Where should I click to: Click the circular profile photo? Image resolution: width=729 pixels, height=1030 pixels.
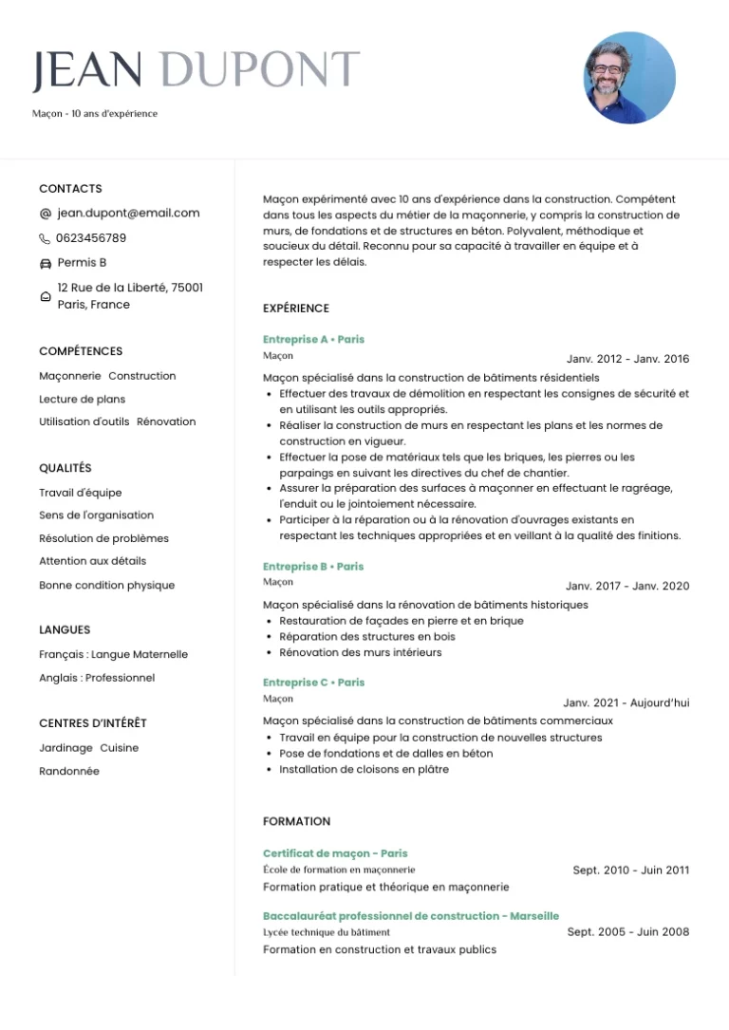click(x=628, y=78)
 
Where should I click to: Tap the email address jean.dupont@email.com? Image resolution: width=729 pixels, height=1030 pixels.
click(x=128, y=214)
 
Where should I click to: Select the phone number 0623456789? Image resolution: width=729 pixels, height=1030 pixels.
click(x=91, y=238)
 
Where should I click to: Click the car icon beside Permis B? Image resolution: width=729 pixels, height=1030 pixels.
click(x=46, y=263)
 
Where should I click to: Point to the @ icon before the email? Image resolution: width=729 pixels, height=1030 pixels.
click(x=46, y=214)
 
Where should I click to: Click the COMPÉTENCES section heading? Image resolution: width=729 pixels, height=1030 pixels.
click(x=81, y=351)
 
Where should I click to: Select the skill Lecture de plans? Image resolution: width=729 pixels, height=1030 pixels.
click(x=82, y=400)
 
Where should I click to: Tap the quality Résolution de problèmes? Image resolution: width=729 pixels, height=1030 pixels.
click(x=103, y=538)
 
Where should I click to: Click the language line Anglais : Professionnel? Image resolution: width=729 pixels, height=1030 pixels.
click(x=97, y=678)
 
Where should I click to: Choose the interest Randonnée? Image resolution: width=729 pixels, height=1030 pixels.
click(x=69, y=772)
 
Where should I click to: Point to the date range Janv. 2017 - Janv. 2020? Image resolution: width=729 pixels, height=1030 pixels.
click(x=627, y=587)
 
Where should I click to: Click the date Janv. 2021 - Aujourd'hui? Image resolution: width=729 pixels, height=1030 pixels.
click(x=626, y=703)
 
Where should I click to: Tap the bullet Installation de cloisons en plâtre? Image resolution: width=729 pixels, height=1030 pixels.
click(x=364, y=770)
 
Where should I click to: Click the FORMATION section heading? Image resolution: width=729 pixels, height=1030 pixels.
click(x=296, y=821)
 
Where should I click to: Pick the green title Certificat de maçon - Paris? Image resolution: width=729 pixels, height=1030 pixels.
click(x=335, y=853)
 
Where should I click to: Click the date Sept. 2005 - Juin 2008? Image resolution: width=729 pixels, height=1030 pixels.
click(x=628, y=932)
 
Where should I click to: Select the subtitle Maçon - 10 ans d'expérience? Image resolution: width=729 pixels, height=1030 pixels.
click(x=95, y=114)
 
